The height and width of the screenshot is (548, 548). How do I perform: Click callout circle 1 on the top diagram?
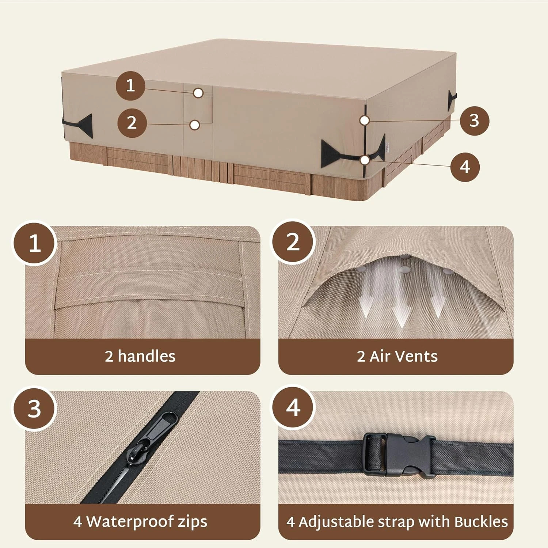pos(130,86)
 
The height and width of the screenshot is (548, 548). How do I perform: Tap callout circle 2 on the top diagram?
pos(132,123)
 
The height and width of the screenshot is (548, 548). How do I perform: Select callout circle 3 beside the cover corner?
pos(474,120)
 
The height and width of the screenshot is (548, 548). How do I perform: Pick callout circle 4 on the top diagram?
pos(465,167)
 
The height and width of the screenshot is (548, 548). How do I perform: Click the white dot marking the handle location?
pos(198,93)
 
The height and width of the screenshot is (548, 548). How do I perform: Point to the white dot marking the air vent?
pos(195,125)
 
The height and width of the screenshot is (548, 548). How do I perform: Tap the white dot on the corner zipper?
pos(364,120)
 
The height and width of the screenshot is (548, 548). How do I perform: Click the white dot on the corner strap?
pos(364,160)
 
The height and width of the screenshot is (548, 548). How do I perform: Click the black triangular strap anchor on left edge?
pos(85,126)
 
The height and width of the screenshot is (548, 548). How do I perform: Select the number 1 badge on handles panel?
pos(35,243)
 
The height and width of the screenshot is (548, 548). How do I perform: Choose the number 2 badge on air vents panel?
pos(293,242)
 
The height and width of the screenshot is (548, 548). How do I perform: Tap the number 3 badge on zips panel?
pos(35,408)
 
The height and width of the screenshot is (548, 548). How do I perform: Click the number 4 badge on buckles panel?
pos(293,407)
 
